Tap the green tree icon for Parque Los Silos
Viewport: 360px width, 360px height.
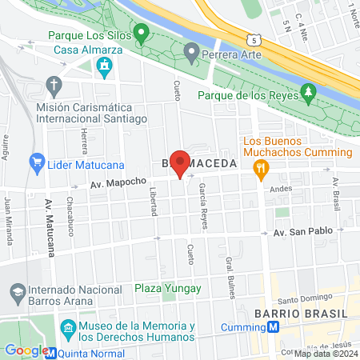[142, 34]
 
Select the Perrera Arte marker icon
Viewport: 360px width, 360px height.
[191, 54]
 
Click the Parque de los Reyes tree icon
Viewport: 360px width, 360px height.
[310, 93]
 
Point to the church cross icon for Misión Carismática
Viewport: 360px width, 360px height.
[54, 84]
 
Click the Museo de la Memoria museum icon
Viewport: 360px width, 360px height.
[69, 328]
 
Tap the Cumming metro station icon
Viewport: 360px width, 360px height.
[273, 326]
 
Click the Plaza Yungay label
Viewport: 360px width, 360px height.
[167, 288]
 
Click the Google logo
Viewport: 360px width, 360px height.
[26, 350]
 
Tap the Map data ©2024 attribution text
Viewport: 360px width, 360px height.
[326, 354]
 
